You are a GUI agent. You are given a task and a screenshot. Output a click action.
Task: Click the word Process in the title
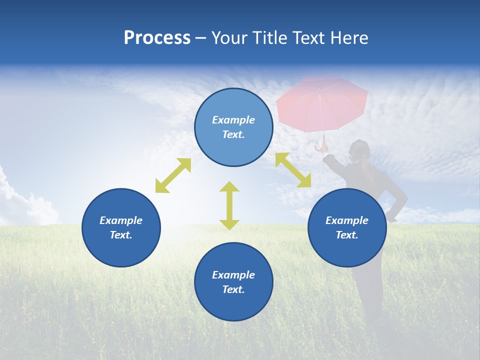pyautogui.click(x=157, y=38)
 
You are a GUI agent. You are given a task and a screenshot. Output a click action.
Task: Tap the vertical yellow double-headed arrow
pyautogui.click(x=229, y=205)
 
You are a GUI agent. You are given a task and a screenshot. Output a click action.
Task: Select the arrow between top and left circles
pyautogui.click(x=173, y=175)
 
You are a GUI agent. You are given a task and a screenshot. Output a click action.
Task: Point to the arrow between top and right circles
pyautogui.click(x=293, y=170)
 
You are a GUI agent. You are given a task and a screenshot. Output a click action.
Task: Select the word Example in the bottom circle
pyautogui.click(x=233, y=275)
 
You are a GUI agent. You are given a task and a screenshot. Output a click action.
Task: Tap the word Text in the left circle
pyautogui.click(x=121, y=235)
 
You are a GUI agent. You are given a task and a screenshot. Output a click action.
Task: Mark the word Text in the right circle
pyautogui.click(x=347, y=235)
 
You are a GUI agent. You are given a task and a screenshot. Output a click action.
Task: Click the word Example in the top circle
pyautogui.click(x=233, y=120)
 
